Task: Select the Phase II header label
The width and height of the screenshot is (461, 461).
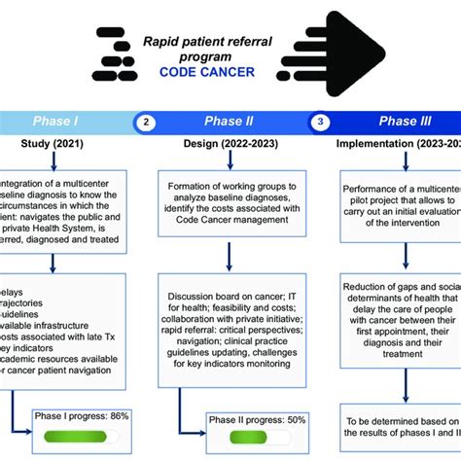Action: [x=230, y=122]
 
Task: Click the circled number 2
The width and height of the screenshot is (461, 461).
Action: [x=146, y=123]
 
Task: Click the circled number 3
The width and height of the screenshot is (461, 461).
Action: [x=319, y=123]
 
